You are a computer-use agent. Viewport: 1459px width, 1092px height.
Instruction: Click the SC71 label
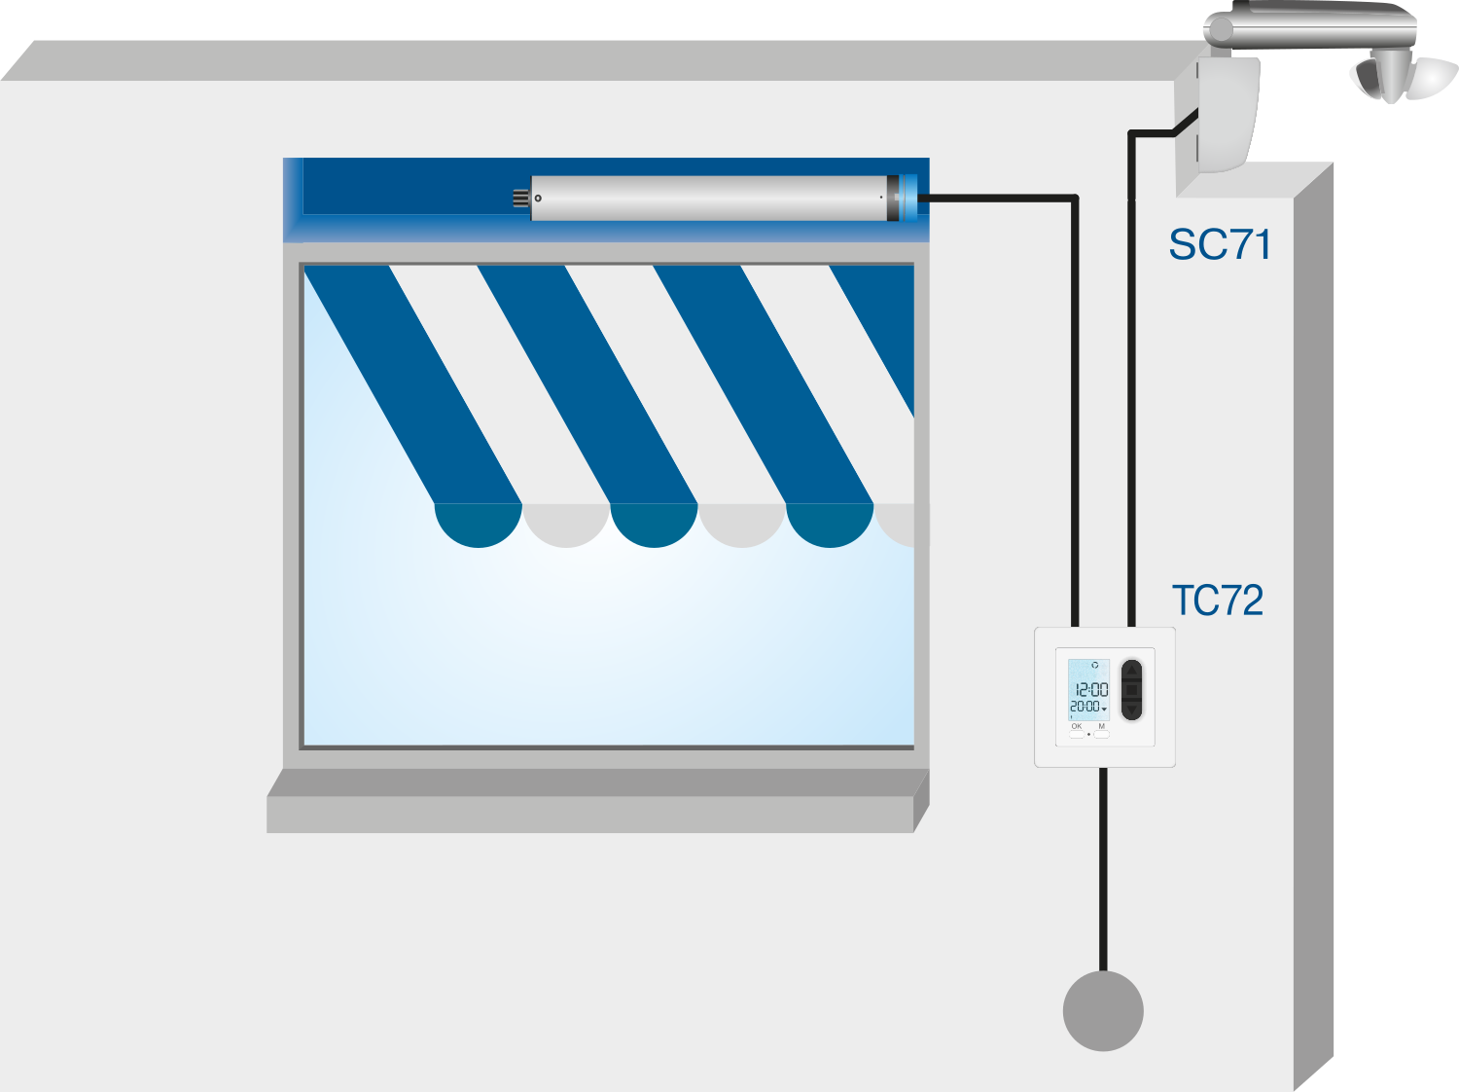[1220, 245]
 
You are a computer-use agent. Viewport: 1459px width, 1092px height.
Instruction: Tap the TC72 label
[1217, 601]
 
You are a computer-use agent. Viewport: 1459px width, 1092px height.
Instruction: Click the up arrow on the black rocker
[1131, 671]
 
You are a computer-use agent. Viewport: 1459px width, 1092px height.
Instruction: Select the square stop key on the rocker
[1131, 690]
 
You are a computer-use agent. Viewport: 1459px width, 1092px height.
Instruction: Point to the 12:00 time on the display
[1090, 689]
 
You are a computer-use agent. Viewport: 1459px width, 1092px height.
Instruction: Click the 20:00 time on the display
[1086, 707]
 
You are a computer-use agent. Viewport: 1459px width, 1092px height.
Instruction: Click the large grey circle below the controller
[1103, 1011]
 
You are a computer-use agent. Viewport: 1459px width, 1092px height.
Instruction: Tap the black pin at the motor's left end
[520, 199]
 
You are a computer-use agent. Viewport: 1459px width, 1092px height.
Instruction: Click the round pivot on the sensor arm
[1218, 30]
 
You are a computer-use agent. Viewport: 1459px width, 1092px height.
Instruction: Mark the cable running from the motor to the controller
[1075, 389]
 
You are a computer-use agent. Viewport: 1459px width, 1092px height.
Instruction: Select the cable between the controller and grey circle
[1103, 866]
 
